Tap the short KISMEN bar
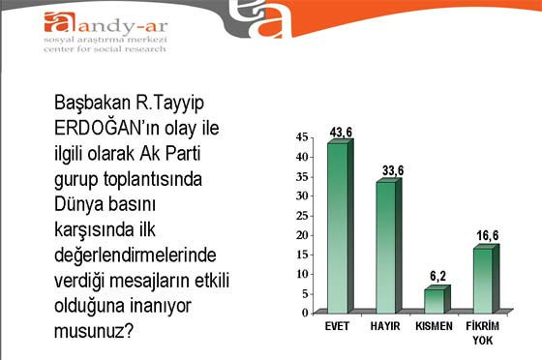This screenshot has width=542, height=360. click(434, 299)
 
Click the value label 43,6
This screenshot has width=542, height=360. click(341, 131)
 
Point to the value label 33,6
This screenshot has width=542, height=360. click(390, 170)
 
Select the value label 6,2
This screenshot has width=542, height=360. click(437, 276)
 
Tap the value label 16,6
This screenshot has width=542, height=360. click(485, 236)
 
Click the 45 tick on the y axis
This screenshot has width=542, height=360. click(301, 137)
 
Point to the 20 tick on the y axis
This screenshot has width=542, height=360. click(301, 235)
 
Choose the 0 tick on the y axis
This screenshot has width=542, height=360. click(304, 313)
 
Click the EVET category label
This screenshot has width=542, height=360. click(337, 326)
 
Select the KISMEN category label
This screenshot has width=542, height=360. click(434, 326)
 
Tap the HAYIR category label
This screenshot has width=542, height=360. click(385, 326)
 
